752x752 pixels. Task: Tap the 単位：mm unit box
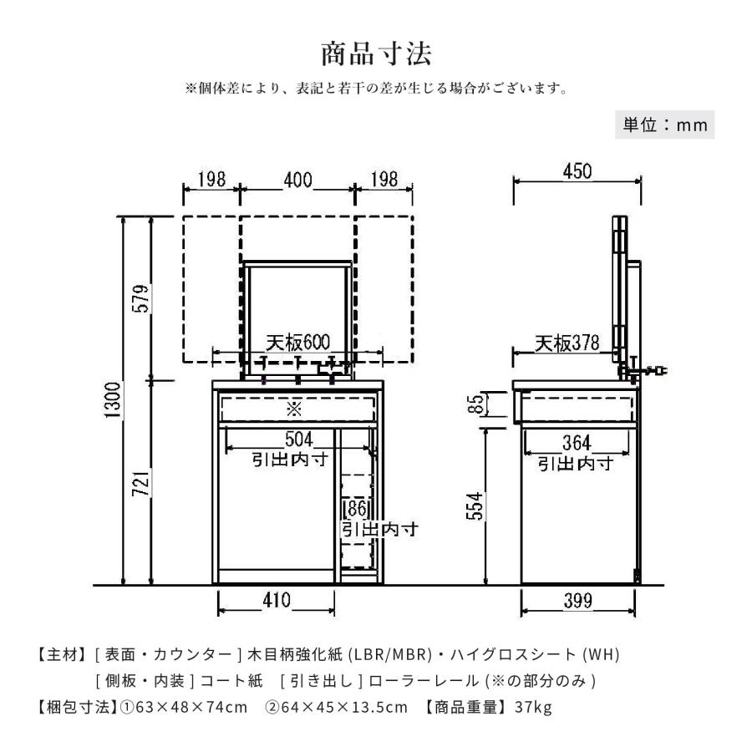pos(666,125)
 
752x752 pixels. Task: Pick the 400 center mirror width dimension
pos(297,180)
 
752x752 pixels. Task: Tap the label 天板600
pos(298,343)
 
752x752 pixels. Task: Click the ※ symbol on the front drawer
pos(294,409)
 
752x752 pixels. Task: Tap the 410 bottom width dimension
pos(276,599)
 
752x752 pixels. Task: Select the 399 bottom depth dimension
pos(577,599)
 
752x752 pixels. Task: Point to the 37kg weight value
pos(533,708)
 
